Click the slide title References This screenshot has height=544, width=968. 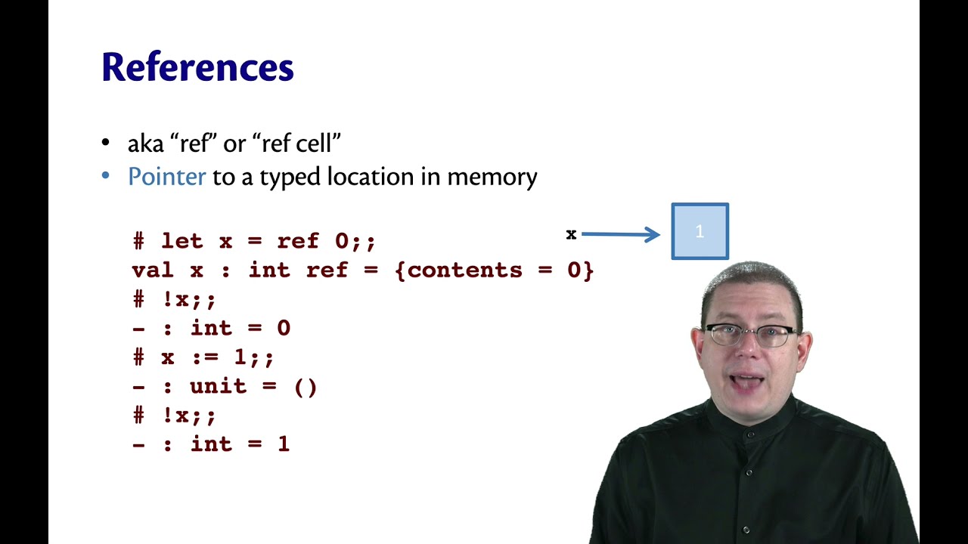[x=197, y=67]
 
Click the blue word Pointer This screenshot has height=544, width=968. [x=166, y=177]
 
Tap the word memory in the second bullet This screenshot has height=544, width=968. [x=492, y=177]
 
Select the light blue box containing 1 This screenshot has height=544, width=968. [x=700, y=231]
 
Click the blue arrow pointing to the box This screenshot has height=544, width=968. [x=620, y=234]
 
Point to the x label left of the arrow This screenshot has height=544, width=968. [x=571, y=234]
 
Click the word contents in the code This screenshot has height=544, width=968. [x=465, y=270]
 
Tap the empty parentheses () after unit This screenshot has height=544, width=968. [x=305, y=387]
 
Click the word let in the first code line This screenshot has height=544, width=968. [x=181, y=242]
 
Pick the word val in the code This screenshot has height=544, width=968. [x=152, y=270]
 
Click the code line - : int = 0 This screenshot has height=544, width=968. [x=211, y=329]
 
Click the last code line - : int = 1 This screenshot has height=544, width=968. [x=211, y=444]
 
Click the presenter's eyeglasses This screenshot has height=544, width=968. [x=750, y=334]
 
